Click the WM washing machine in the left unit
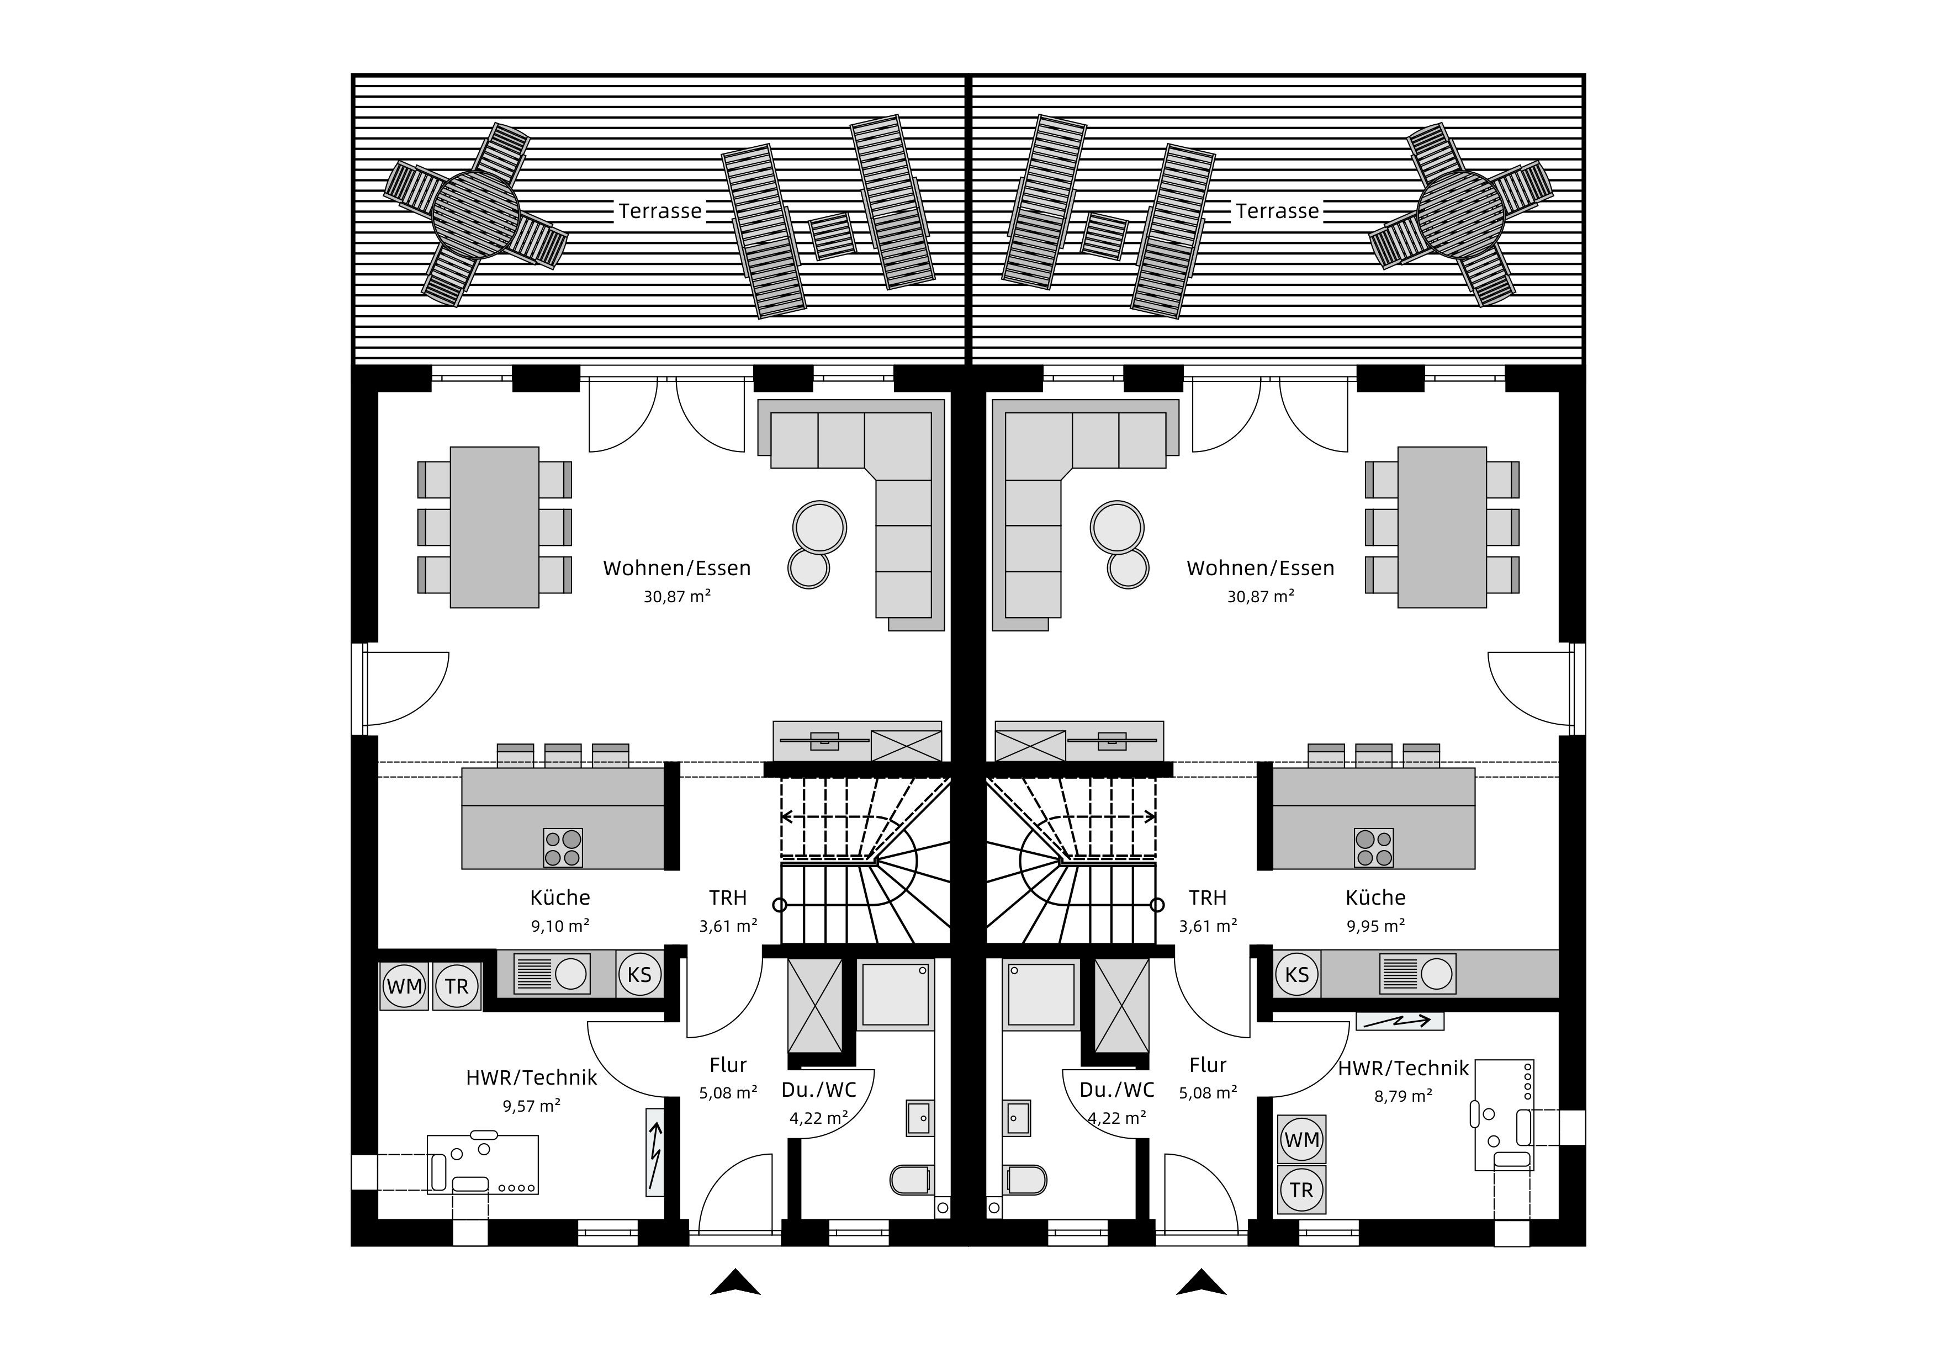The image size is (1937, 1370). [x=404, y=986]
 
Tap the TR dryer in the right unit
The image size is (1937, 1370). [x=1302, y=1190]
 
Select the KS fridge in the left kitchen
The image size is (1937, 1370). [x=639, y=974]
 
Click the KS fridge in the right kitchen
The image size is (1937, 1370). [x=1296, y=974]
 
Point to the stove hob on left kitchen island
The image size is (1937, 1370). [x=563, y=848]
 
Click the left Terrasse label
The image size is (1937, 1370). [x=660, y=211]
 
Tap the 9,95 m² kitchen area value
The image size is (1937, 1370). [x=1375, y=926]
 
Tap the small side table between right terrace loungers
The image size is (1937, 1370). [x=1104, y=235]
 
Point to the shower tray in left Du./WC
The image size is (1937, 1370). [x=895, y=995]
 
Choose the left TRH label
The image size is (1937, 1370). [x=727, y=898]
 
